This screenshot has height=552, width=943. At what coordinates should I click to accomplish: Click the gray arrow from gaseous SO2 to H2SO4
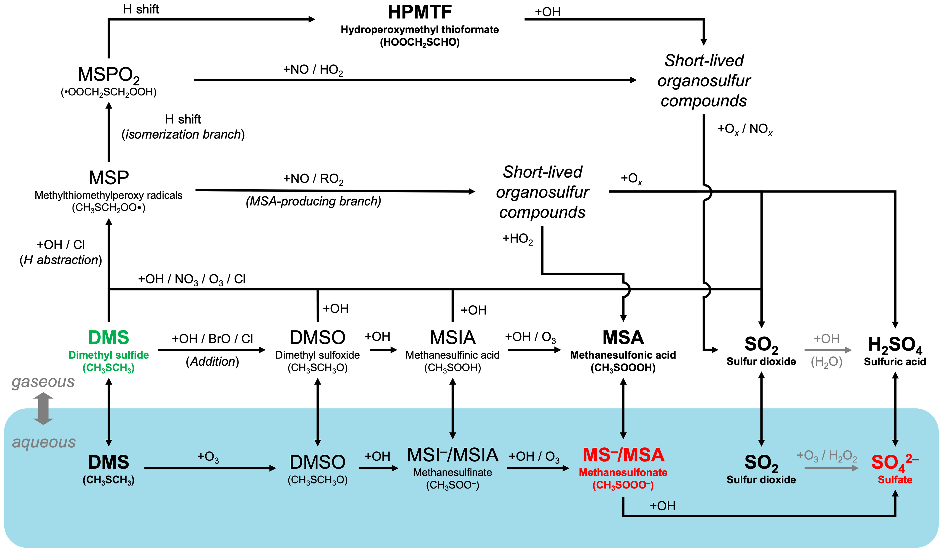(x=828, y=350)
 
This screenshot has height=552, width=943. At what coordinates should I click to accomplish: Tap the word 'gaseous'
(x=43, y=382)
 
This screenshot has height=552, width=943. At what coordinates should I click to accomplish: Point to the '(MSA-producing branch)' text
(x=313, y=201)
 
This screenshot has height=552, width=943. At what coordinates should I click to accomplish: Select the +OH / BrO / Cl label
(x=212, y=338)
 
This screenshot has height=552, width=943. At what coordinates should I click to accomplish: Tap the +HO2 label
(x=517, y=239)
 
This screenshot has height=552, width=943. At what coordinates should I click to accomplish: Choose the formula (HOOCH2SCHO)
(x=420, y=42)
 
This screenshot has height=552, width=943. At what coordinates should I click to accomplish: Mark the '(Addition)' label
(x=212, y=361)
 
